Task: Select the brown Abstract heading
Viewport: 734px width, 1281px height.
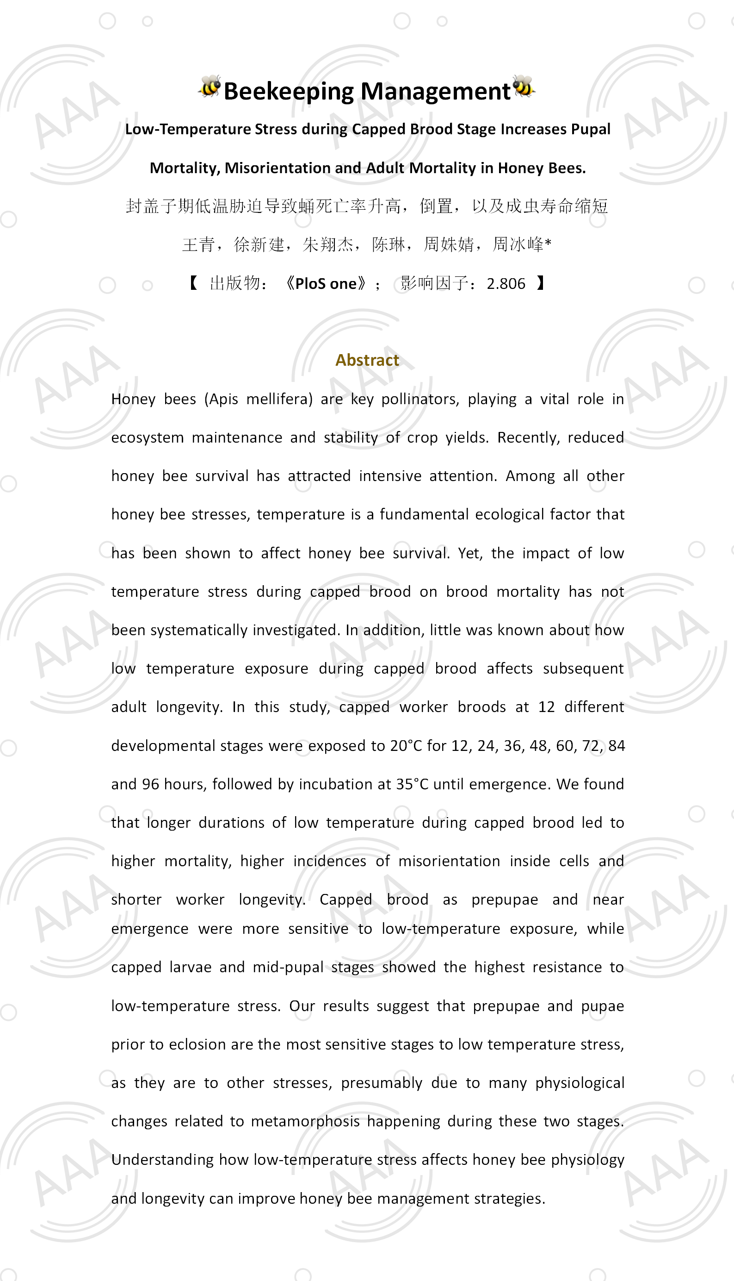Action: [367, 360]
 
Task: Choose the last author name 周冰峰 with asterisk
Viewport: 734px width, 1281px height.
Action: [522, 245]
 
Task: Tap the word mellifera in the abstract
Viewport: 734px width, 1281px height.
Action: [279, 399]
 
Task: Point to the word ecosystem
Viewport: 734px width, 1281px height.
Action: [147, 437]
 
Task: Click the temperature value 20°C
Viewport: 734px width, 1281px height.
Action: [407, 746]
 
